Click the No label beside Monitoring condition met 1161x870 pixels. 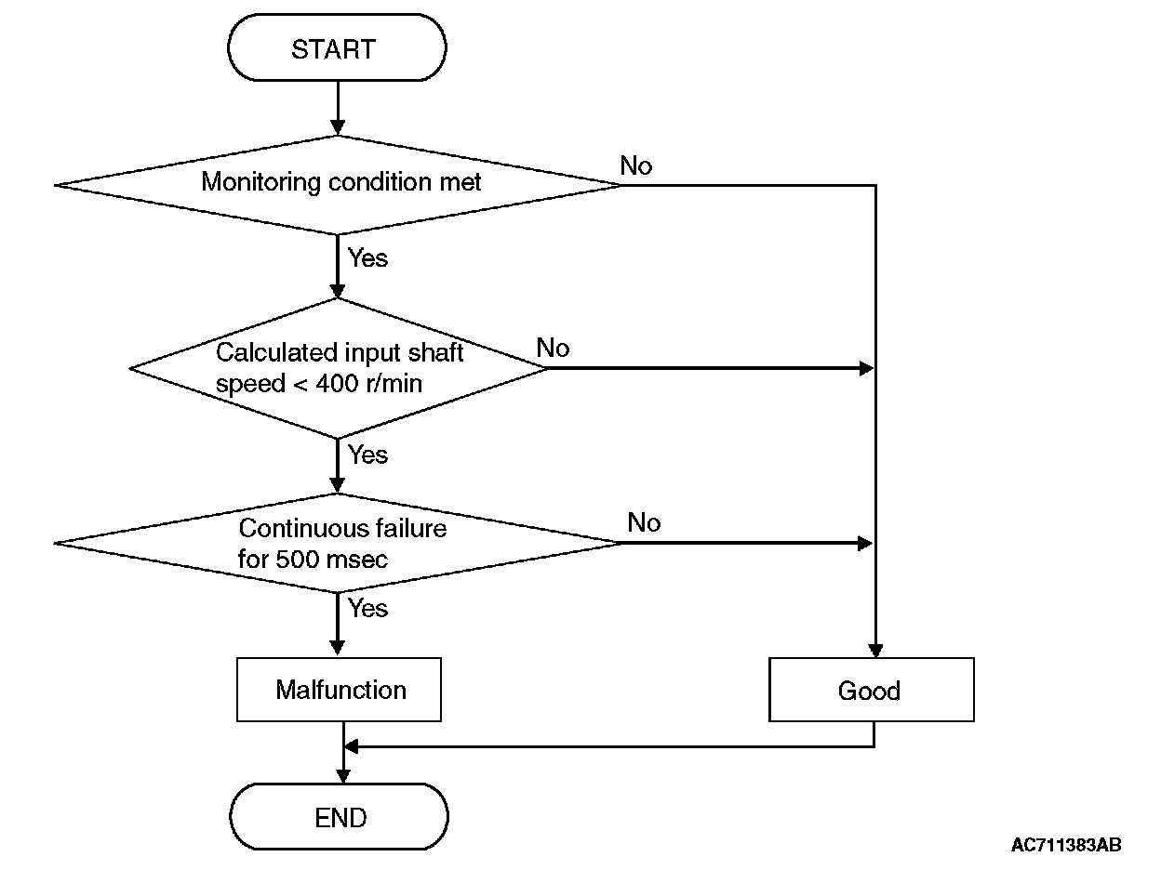tap(635, 165)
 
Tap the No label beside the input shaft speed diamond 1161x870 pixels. tap(553, 348)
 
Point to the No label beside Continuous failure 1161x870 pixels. tap(644, 522)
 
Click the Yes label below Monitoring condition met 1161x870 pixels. tap(367, 258)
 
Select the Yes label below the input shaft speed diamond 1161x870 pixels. tap(367, 455)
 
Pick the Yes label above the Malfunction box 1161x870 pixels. tap(367, 609)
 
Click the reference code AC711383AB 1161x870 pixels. tap(1066, 845)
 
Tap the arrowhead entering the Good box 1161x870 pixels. tap(875, 651)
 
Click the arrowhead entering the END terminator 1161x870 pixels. tap(343, 776)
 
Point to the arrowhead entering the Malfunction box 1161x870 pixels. tap(338, 648)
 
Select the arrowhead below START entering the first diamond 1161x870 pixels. tap(338, 127)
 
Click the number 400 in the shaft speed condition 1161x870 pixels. tap(337, 384)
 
